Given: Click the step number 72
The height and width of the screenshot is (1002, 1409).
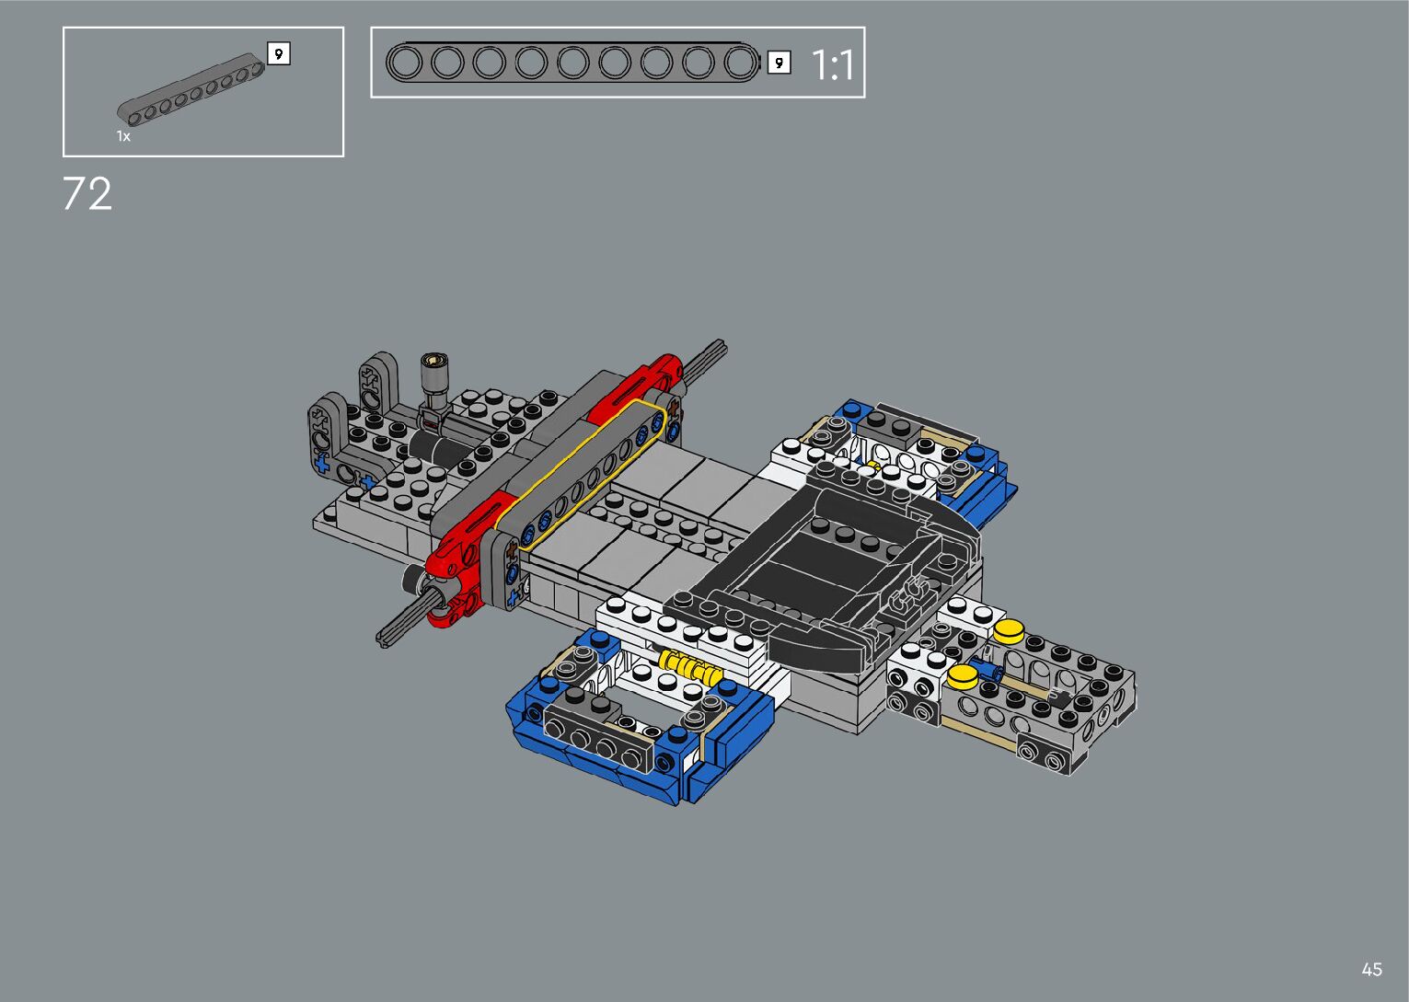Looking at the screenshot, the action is tap(87, 194).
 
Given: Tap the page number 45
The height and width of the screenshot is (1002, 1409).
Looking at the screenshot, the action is tap(1372, 969).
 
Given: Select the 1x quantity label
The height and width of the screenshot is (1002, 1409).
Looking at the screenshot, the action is tap(123, 136).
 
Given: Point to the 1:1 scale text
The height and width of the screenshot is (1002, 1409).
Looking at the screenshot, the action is tap(833, 64).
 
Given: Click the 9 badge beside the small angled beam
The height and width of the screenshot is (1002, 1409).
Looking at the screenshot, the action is tap(279, 53).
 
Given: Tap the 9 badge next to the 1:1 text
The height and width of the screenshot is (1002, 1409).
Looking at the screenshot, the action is tap(779, 63).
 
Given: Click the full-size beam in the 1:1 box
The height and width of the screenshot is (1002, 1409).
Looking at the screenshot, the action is tap(572, 63).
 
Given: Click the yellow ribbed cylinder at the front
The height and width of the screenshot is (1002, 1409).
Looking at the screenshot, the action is tap(689, 667).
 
